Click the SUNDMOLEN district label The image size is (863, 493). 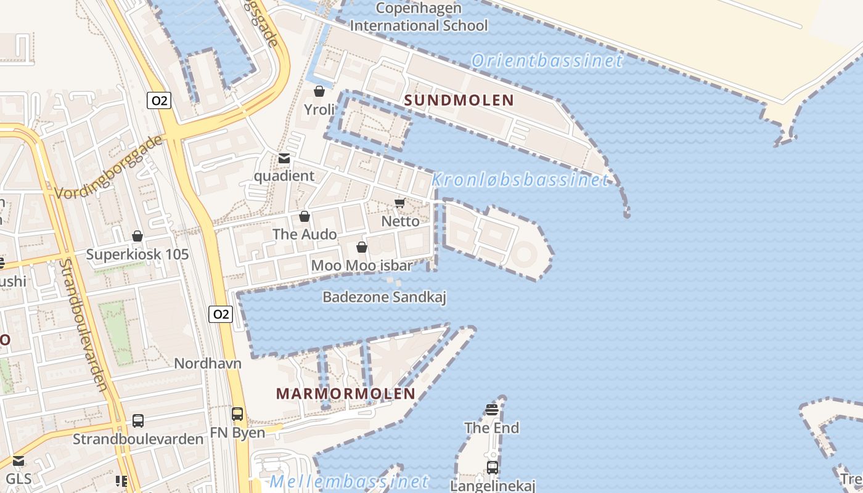tap(459, 100)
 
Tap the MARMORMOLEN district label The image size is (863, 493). tap(345, 394)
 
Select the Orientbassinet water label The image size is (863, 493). tap(547, 60)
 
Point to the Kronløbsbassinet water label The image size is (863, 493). tap(520, 180)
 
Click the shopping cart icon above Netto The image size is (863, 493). tap(399, 203)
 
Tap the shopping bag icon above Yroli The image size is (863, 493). tap(319, 92)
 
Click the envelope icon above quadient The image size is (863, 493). tap(284, 158)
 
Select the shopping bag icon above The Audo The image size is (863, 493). tap(305, 216)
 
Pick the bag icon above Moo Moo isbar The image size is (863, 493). tap(362, 247)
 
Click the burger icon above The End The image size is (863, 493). tap(492, 410)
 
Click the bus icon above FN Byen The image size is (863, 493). tap(237, 414)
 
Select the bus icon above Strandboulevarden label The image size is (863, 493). tap(138, 421)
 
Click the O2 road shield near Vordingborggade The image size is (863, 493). tap(159, 100)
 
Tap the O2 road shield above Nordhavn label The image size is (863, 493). tap(220, 314)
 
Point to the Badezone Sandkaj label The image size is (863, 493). tap(384, 297)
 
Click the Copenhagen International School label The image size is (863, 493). tap(419, 17)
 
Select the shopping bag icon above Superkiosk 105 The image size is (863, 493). tap(137, 236)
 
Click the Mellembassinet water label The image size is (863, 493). tap(349, 482)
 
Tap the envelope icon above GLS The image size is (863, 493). tap(18, 461)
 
